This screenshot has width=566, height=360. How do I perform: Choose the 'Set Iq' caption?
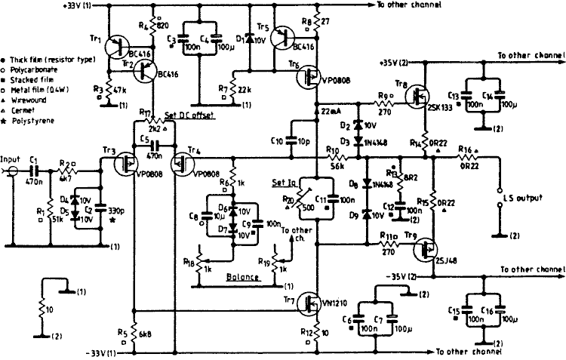click(x=283, y=183)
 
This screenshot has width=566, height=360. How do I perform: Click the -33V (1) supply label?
click(x=102, y=353)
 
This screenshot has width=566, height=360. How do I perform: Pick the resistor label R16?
click(x=467, y=151)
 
